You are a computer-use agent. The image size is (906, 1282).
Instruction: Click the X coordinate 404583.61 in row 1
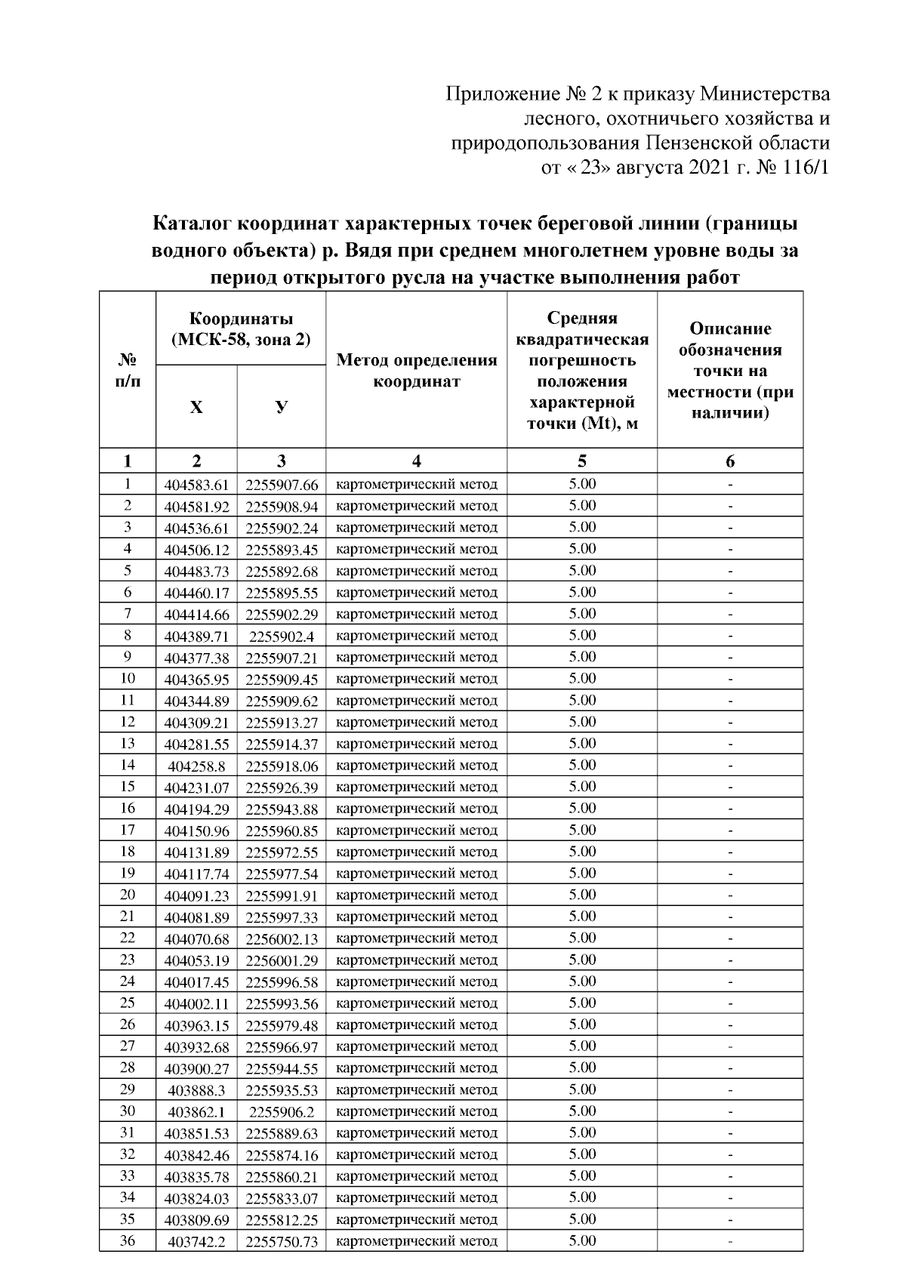pyautogui.click(x=196, y=485)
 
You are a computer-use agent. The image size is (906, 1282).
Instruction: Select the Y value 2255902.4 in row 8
pyautogui.click(x=281, y=636)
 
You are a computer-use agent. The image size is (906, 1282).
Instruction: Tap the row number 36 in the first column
pyautogui.click(x=128, y=1240)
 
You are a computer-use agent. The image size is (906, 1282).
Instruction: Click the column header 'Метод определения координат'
pyautogui.click(x=416, y=371)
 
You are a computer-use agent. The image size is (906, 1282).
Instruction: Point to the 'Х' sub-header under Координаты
pyautogui.click(x=196, y=408)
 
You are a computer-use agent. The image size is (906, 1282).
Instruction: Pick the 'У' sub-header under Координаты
pyautogui.click(x=281, y=408)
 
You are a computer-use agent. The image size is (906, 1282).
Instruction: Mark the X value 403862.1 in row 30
pyautogui.click(x=196, y=1112)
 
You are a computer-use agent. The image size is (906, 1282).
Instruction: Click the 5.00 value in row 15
pyautogui.click(x=582, y=787)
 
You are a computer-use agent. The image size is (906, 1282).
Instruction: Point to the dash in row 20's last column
pyautogui.click(x=730, y=896)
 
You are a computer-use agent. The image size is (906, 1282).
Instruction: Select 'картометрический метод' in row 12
pyautogui.click(x=416, y=723)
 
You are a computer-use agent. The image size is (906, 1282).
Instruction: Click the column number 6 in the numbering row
pyautogui.click(x=730, y=461)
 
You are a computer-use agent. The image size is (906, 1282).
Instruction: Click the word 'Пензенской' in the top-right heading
pyautogui.click(x=705, y=143)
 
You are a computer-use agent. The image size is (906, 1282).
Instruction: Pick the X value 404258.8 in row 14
pyautogui.click(x=196, y=766)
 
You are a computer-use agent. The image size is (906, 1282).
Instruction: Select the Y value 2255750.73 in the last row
pyautogui.click(x=281, y=1242)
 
